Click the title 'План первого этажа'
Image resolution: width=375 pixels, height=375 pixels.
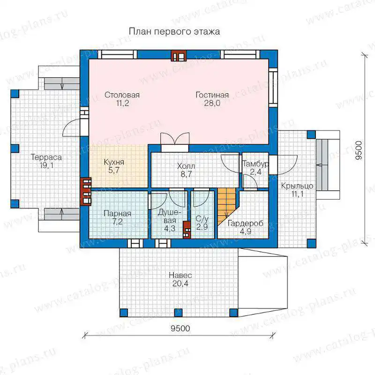[174, 31]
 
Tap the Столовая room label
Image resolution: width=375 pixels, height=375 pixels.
[122, 95]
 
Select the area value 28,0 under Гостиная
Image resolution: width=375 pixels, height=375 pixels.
[212, 103]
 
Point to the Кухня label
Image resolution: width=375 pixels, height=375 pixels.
[114, 162]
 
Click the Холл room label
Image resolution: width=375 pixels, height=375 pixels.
[186, 166]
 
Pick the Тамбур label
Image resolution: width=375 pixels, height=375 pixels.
[255, 164]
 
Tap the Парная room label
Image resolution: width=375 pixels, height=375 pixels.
[118, 213]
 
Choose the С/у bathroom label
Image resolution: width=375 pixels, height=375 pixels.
[202, 218]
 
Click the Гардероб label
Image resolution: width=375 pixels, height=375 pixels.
[246, 224]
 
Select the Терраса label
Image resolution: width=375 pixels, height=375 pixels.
[46, 157]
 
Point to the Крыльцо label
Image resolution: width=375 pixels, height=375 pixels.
[297, 186]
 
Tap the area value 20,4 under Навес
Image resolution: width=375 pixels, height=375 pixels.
[180, 284]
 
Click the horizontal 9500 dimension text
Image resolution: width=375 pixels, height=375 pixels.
[180, 329]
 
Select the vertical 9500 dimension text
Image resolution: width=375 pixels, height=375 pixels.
[359, 150]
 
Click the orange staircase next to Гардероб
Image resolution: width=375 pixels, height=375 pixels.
[227, 206]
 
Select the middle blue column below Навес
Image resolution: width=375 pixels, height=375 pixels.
[178, 313]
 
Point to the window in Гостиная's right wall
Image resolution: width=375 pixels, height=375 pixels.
[273, 88]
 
